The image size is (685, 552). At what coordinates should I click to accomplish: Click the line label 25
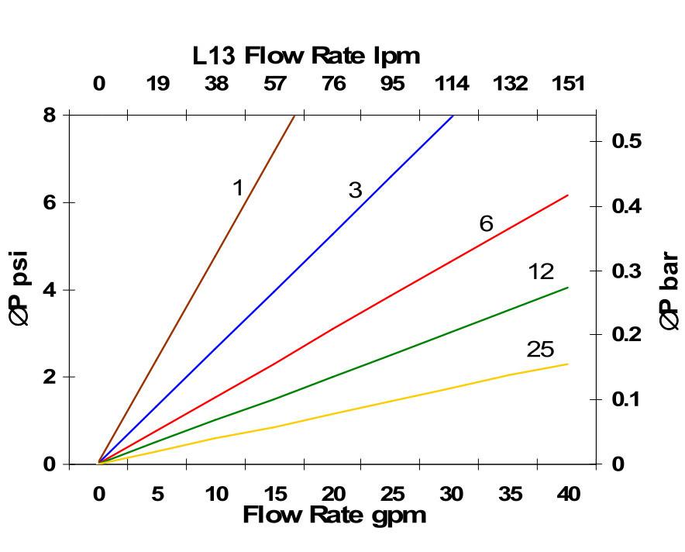tap(540, 350)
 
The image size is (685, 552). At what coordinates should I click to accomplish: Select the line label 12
tap(541, 271)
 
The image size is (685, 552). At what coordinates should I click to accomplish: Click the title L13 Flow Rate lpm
tap(306, 56)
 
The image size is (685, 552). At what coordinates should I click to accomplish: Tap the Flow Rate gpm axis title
tap(334, 515)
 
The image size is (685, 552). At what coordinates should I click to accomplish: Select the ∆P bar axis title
tap(669, 292)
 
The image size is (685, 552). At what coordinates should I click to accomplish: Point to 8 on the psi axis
tap(49, 115)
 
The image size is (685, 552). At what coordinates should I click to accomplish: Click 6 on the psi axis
tap(49, 202)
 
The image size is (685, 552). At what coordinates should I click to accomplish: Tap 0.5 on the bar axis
tap(627, 141)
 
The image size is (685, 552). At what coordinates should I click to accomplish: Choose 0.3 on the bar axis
tap(627, 271)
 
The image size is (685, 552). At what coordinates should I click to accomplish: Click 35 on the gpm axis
tap(510, 494)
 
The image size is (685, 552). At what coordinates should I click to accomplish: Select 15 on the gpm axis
tap(275, 494)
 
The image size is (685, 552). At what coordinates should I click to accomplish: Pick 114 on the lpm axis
tap(451, 84)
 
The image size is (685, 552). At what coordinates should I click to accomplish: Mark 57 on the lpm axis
tap(275, 84)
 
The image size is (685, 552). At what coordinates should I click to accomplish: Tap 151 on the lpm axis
tap(568, 84)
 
